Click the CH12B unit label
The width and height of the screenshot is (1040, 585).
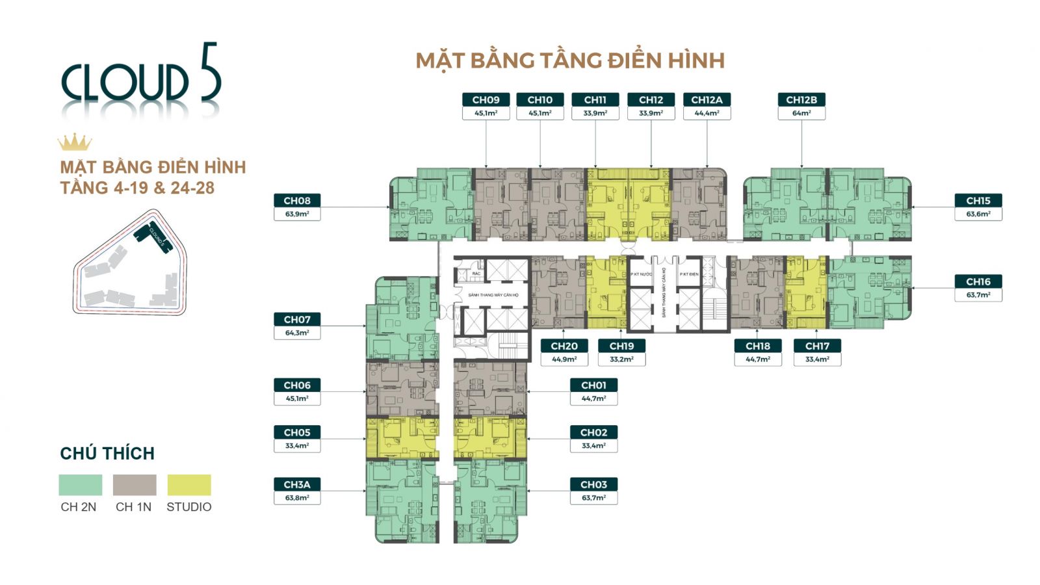point(801,99)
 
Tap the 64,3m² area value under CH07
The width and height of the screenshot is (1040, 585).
point(297,333)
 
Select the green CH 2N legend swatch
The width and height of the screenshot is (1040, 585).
point(81,485)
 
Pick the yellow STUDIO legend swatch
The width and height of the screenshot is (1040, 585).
point(189,485)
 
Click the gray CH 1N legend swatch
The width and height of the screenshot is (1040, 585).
point(135,485)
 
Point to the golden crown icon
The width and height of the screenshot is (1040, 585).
point(75,142)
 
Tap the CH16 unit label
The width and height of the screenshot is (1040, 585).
point(978,281)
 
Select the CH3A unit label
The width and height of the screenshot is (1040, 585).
point(297,484)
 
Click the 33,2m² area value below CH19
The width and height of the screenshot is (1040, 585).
point(622,359)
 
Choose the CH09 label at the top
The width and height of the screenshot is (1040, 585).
point(486,99)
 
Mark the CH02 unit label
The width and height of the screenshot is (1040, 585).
point(594,432)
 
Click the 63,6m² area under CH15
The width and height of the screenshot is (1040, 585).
point(978,214)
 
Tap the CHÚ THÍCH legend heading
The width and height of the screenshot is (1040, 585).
point(107,453)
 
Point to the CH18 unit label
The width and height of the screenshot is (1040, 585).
point(758,346)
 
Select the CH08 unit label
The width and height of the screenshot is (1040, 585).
point(297,201)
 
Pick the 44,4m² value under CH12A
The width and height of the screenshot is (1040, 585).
point(707,113)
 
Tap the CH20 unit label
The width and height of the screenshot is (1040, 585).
point(564,346)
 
